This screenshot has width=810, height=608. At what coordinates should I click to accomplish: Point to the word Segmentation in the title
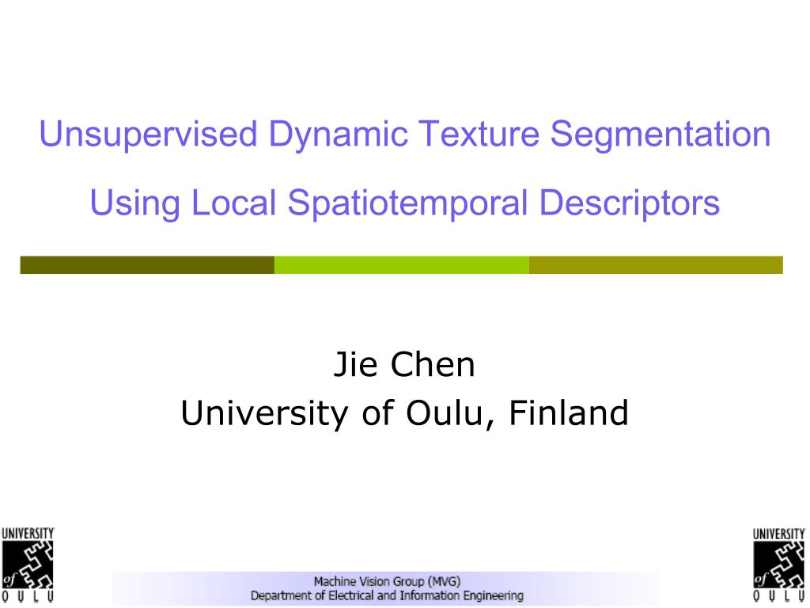[x=660, y=135]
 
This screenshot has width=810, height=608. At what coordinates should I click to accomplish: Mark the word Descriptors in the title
[x=630, y=203]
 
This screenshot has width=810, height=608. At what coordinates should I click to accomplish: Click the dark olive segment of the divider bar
[x=147, y=265]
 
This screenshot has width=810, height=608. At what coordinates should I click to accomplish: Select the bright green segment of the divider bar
[x=401, y=265]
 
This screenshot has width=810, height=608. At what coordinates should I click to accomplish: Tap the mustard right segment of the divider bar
[x=656, y=265]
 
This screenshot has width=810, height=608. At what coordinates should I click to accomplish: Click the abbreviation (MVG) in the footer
[x=443, y=580]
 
